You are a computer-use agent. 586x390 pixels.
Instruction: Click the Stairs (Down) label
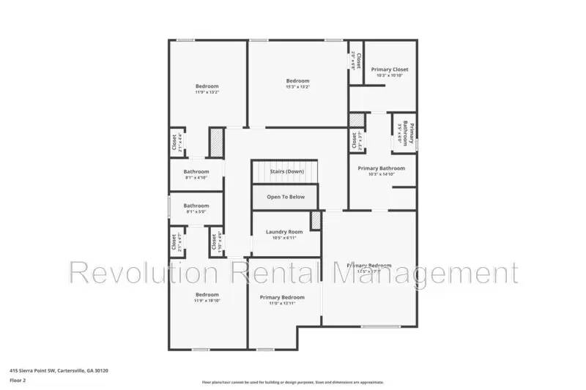286,171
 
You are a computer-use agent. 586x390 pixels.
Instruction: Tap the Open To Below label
286,197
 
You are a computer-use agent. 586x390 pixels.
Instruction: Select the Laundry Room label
284,232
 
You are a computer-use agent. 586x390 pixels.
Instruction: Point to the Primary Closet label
390,70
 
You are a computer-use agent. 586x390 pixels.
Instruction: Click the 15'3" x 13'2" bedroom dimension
297,87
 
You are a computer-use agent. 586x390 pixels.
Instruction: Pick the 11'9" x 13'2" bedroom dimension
207,93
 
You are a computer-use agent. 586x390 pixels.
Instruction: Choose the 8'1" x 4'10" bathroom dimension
196,178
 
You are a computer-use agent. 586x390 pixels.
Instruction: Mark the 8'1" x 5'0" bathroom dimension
196,212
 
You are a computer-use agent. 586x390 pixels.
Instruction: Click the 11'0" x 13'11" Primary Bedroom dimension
282,304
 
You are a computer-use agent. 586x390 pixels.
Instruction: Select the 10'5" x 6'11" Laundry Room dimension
284,238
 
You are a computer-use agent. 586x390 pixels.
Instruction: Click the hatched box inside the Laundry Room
316,220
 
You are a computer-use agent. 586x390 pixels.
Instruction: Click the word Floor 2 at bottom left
18,380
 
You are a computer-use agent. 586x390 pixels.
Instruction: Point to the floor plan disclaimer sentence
292,382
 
